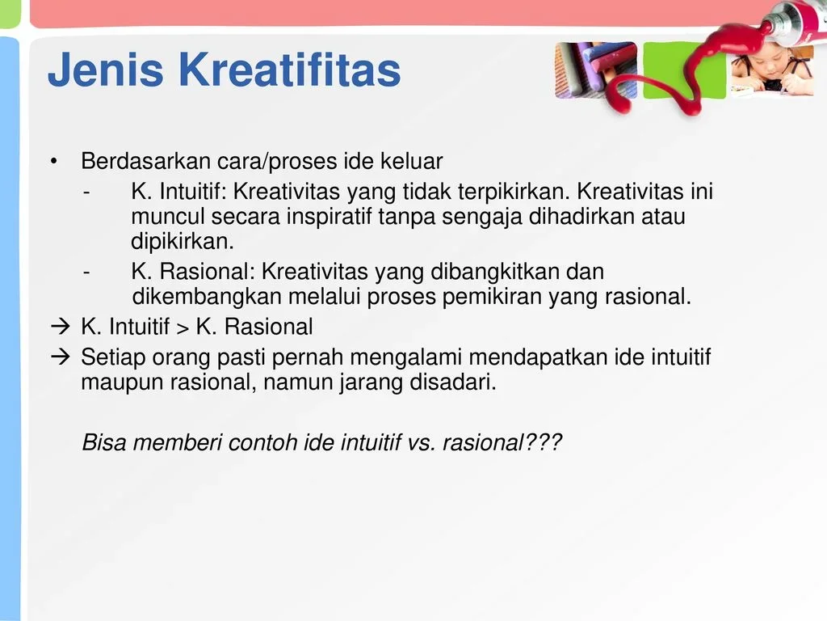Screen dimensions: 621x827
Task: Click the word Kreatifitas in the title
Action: click(x=290, y=71)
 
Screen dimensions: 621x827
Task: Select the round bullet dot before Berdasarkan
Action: click(x=54, y=163)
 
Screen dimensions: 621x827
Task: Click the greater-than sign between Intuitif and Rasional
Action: click(x=183, y=327)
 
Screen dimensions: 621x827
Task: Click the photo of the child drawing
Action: click(x=771, y=71)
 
